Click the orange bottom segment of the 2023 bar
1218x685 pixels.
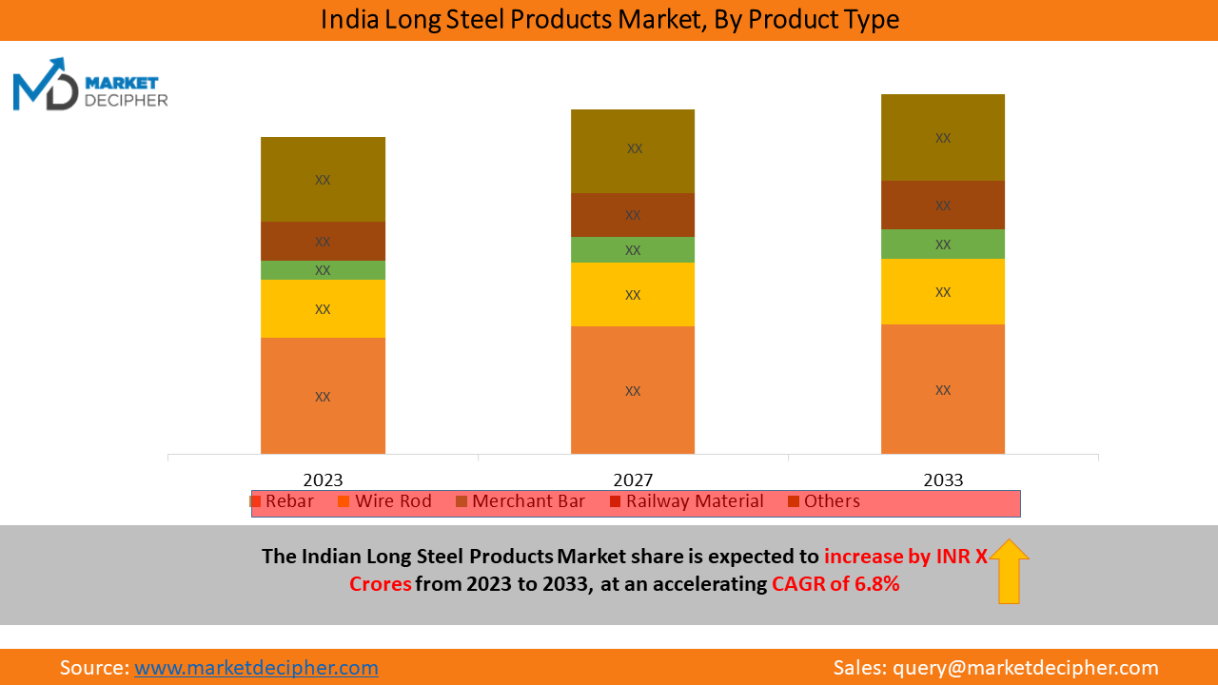pyautogui.click(x=323, y=395)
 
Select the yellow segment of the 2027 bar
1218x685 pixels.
pyautogui.click(x=633, y=294)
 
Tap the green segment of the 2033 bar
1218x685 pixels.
pyautogui.click(x=943, y=244)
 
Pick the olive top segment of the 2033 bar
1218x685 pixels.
pyautogui.click(x=943, y=137)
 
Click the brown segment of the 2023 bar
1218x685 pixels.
pyautogui.click(x=323, y=241)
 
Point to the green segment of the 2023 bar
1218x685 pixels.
pyautogui.click(x=323, y=270)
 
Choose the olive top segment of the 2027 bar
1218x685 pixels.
pyautogui.click(x=633, y=150)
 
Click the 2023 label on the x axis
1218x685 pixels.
pyautogui.click(x=323, y=479)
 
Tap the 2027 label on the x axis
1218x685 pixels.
pyautogui.click(x=633, y=479)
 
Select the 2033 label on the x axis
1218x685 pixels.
pyautogui.click(x=943, y=479)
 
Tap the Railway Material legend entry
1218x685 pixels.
pyautogui.click(x=686, y=501)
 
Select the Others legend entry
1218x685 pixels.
pyautogui.click(x=824, y=501)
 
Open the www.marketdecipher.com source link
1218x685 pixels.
pyautogui.click(x=256, y=668)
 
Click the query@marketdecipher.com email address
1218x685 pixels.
pyautogui.click(x=1025, y=668)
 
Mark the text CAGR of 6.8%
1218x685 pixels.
pyautogui.click(x=835, y=584)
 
